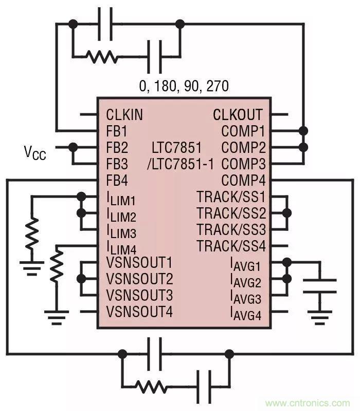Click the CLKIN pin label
point(124,114)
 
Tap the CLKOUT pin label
point(238,114)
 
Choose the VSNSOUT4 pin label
point(139,311)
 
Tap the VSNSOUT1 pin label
point(139,263)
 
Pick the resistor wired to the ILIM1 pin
point(32,233)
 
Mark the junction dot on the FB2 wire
point(73,147)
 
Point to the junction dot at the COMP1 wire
point(304,131)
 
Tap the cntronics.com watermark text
point(308,403)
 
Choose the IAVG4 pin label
point(245,313)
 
